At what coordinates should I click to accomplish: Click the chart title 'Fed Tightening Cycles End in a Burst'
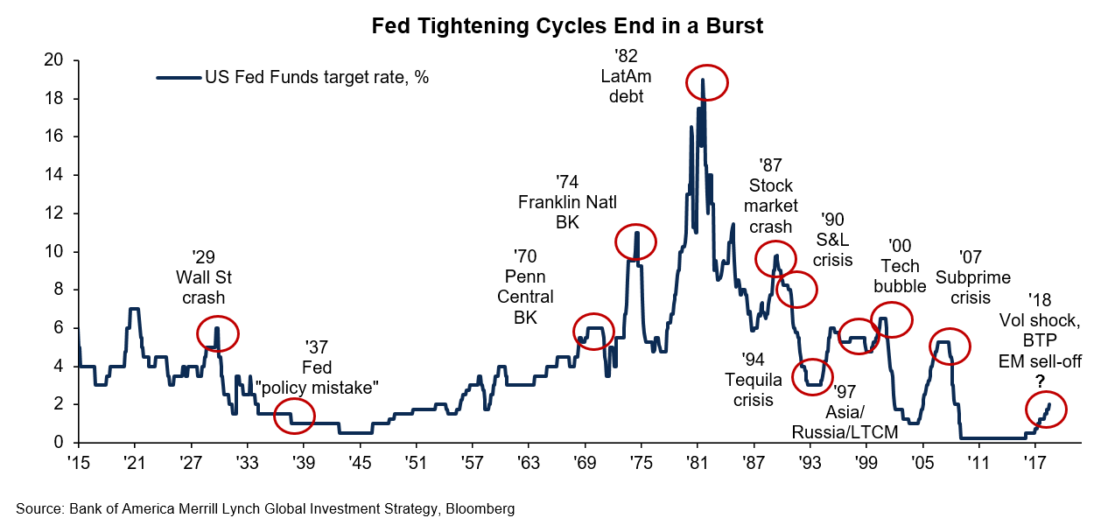click(x=567, y=26)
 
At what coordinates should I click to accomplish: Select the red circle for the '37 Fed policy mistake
click(x=294, y=416)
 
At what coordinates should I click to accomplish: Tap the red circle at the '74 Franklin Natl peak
click(x=635, y=242)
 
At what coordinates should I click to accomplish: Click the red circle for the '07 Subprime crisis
click(x=950, y=346)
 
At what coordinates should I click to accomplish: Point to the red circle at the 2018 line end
click(x=1046, y=409)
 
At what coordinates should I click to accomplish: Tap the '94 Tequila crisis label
click(x=749, y=380)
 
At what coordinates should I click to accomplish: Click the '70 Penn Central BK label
click(x=526, y=286)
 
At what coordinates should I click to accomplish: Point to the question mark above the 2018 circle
click(x=1041, y=381)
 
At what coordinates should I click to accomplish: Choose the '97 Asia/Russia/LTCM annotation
click(x=846, y=411)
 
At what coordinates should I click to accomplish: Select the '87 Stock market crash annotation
click(x=771, y=195)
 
